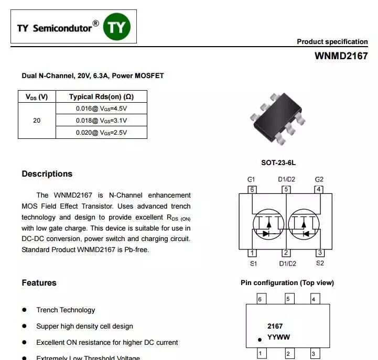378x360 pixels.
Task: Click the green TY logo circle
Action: [x=116, y=27]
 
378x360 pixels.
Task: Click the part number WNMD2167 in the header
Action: [x=341, y=56]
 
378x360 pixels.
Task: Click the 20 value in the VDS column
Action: [x=37, y=121]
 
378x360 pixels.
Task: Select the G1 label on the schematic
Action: [x=251, y=179]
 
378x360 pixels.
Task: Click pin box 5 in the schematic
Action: [x=286, y=189]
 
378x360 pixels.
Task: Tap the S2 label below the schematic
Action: [x=320, y=263]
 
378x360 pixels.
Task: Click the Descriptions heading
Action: [x=47, y=174]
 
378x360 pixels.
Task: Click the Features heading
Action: [x=39, y=283]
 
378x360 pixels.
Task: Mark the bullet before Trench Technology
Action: [x=25, y=310]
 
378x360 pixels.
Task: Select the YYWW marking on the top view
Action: [x=278, y=337]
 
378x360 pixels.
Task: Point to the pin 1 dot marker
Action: [x=259, y=340]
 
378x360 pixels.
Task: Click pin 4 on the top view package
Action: [x=314, y=299]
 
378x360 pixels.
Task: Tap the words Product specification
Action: [x=332, y=42]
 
